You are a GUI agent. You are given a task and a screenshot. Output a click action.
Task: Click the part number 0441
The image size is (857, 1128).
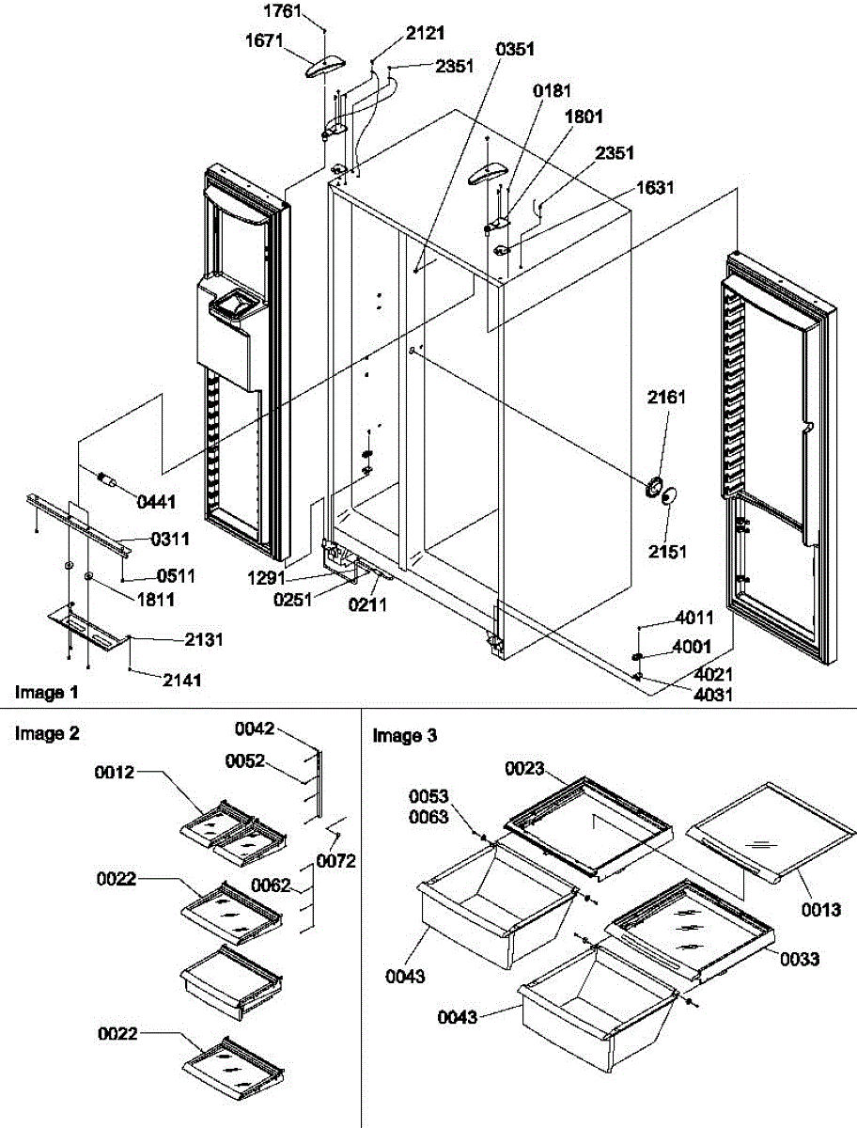pyautogui.click(x=156, y=503)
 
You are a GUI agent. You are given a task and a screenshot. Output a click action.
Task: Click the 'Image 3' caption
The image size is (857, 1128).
pyautogui.click(x=405, y=736)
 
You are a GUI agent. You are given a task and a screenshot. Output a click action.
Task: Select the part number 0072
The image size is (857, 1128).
pyautogui.click(x=335, y=860)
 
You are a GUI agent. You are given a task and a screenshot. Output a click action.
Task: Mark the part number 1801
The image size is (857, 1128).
pyautogui.click(x=584, y=117)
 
